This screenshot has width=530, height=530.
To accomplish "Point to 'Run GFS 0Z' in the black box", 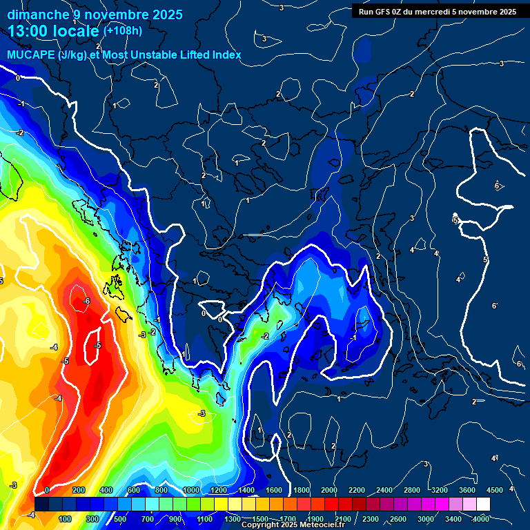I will (381, 12).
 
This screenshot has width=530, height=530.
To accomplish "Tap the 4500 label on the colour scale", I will (495, 490).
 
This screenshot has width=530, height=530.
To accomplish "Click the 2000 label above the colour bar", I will (329, 490).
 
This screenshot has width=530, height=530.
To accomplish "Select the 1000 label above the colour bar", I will (191, 490).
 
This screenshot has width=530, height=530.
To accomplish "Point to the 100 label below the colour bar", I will (65, 519).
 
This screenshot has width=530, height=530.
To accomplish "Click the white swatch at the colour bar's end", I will (483, 504).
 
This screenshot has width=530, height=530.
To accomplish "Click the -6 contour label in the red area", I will (86, 302).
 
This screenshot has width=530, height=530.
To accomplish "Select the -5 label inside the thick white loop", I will (98, 346).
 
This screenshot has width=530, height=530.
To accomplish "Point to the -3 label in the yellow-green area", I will (202, 413).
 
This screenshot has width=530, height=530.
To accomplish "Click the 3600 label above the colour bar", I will (467, 490).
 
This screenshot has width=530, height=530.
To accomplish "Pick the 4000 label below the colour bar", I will (480, 519).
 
